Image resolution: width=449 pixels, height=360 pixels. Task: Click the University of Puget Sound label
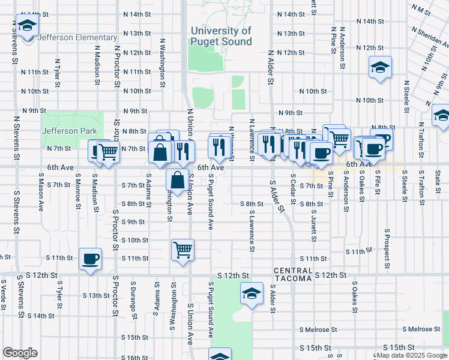pyautogui.click(x=221, y=36)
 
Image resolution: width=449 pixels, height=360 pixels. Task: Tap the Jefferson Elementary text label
pyautogui.click(x=77, y=37)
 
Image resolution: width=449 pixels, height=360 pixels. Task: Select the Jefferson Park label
pyautogui.click(x=68, y=131)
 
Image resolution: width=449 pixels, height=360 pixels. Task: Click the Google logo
pyautogui.click(x=20, y=353)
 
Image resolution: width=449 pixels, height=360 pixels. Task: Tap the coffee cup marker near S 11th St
pyautogui.click(x=90, y=259)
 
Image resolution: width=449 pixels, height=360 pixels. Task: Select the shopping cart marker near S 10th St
pyautogui.click(x=182, y=250)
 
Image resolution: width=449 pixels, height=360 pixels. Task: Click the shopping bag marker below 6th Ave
pyautogui.click(x=178, y=179)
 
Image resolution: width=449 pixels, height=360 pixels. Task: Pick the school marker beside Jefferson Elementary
pyautogui.click(x=27, y=26)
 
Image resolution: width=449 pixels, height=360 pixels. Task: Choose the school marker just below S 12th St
pyautogui.click(x=251, y=293)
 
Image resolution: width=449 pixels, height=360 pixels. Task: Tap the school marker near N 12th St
pyautogui.click(x=379, y=68)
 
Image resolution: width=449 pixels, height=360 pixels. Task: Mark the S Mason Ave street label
pyautogui.click(x=41, y=191)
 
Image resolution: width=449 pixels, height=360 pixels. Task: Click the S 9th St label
pyautogui.click(x=133, y=222)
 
